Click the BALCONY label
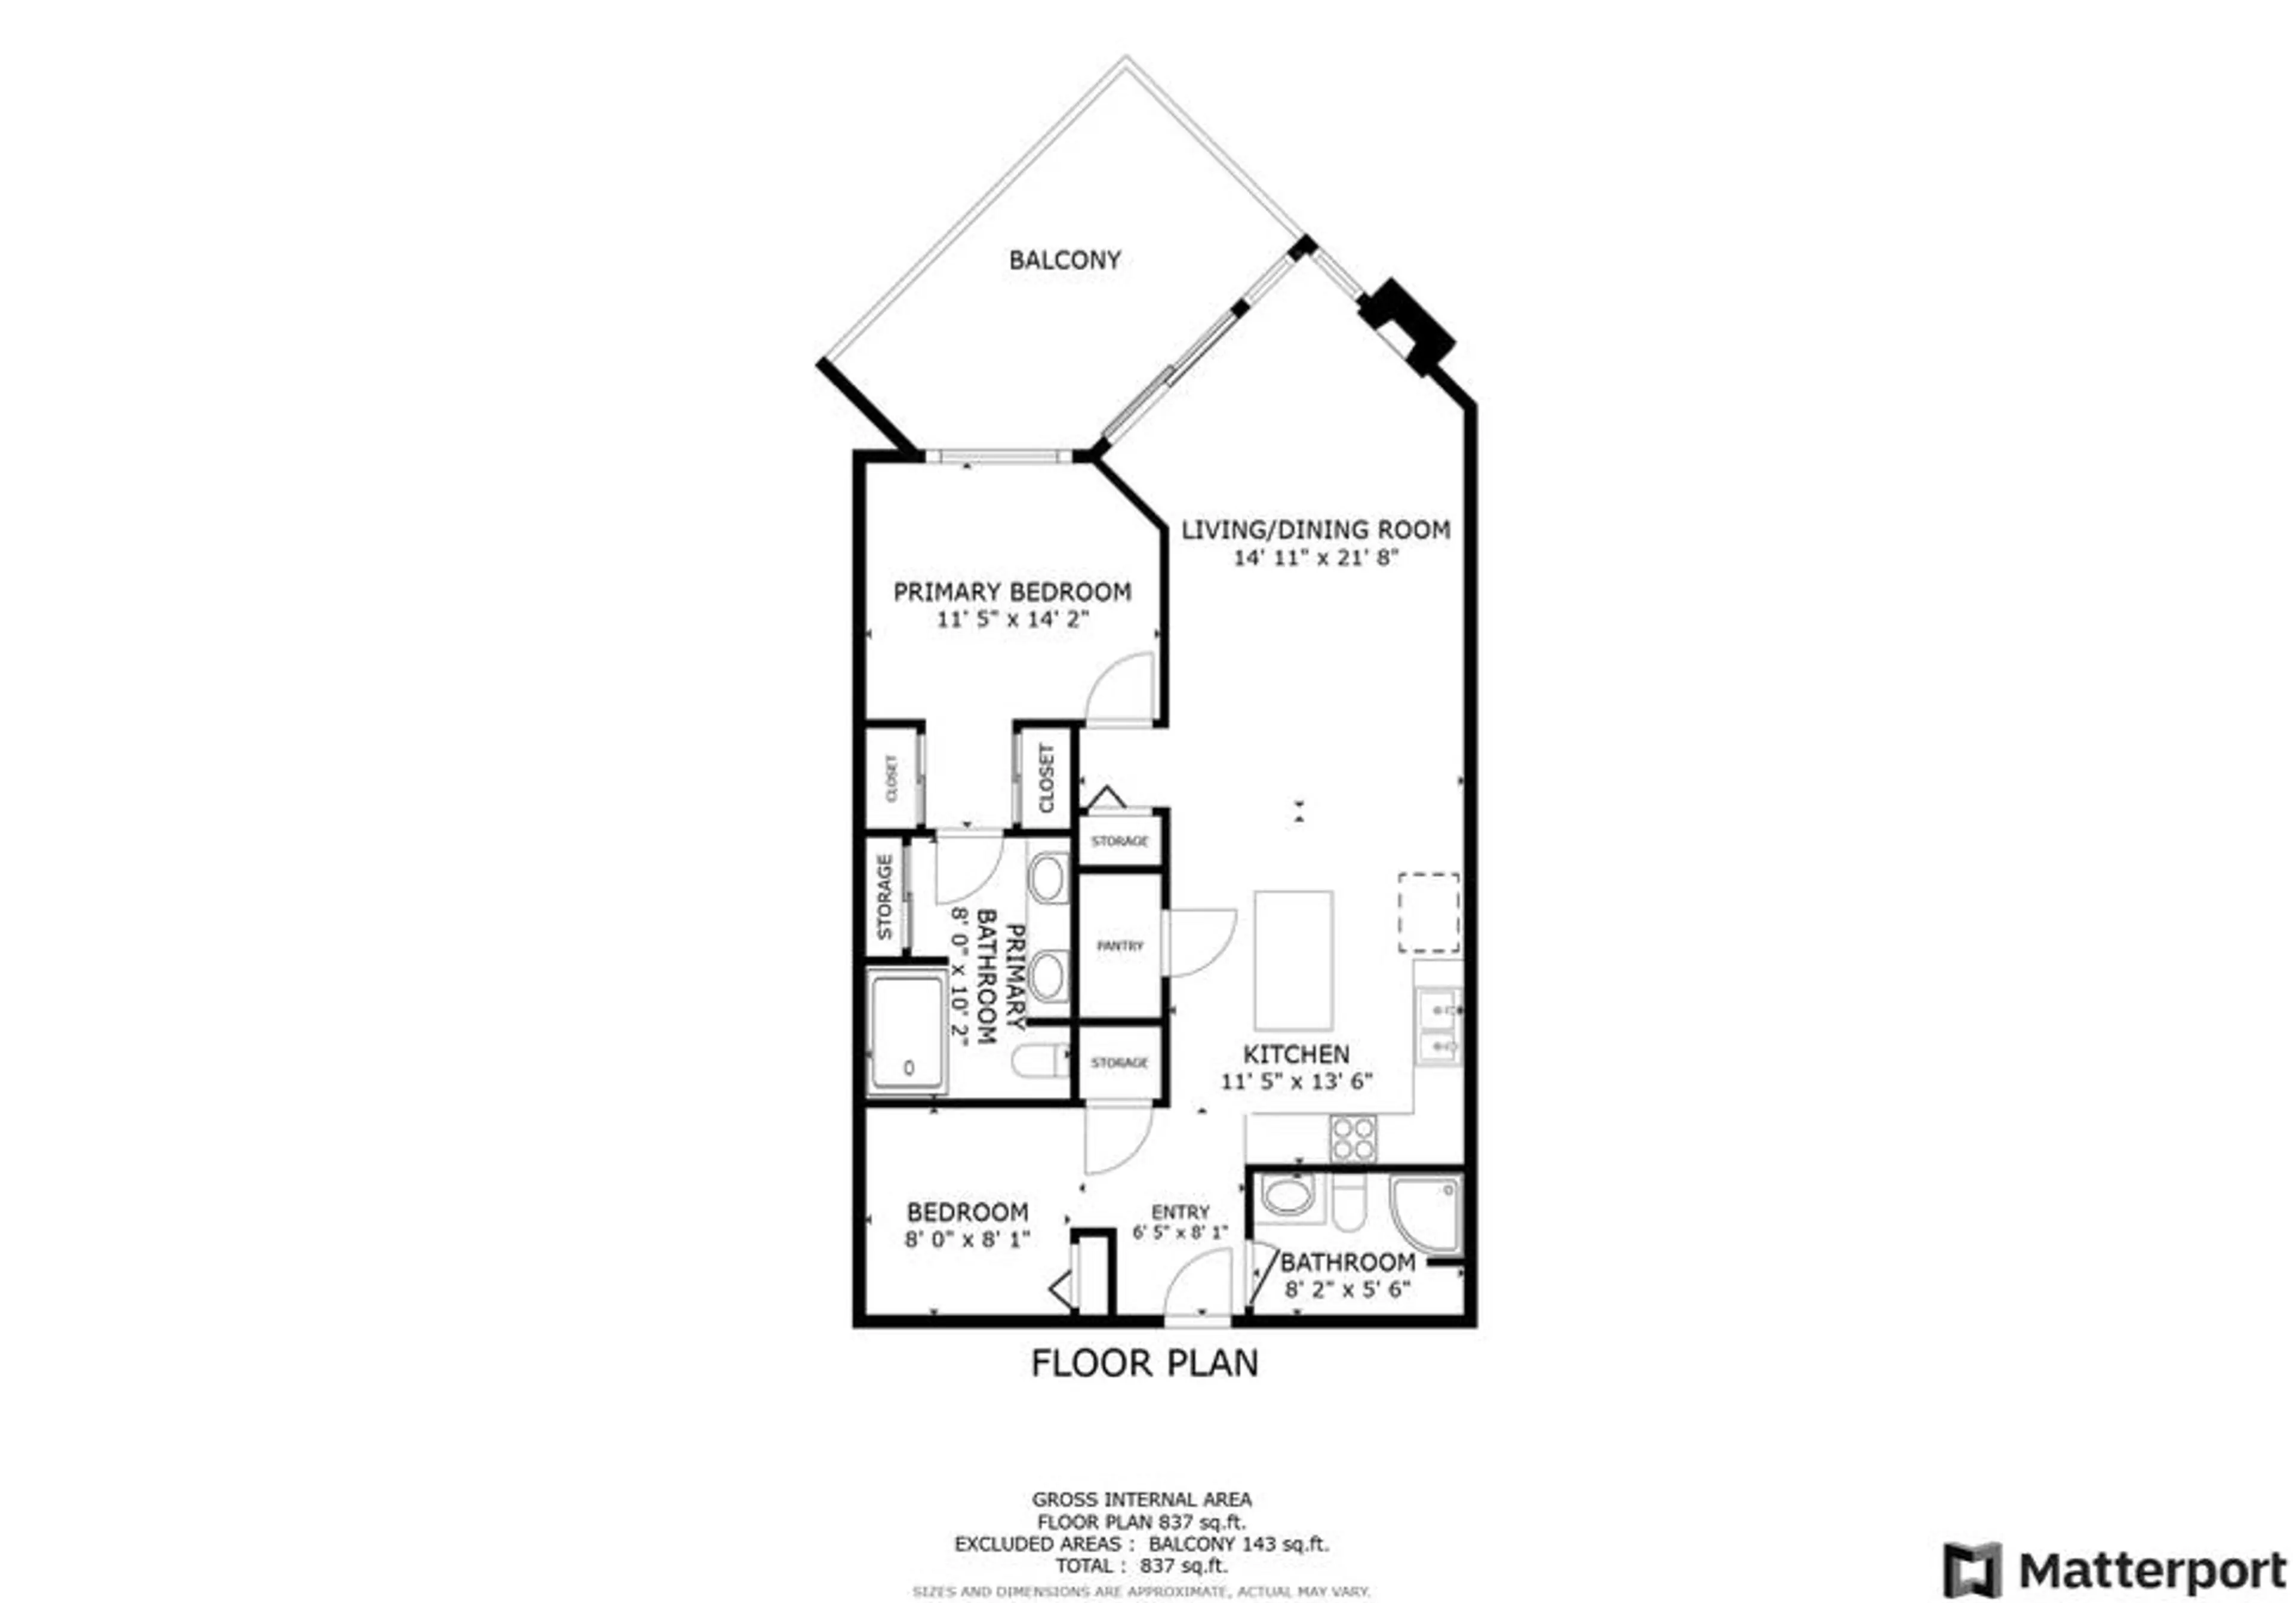pyautogui.click(x=1065, y=260)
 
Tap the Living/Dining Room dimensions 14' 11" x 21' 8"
pyautogui.click(x=1315, y=557)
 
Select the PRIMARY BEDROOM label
pyautogui.click(x=1012, y=591)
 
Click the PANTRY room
pyautogui.click(x=1120, y=945)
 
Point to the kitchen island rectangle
pyautogui.click(x=1293, y=960)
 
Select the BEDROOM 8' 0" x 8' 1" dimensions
pyautogui.click(x=967, y=1239)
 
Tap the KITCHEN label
pyautogui.click(x=1296, y=1054)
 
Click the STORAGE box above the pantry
pyautogui.click(x=1120, y=841)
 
